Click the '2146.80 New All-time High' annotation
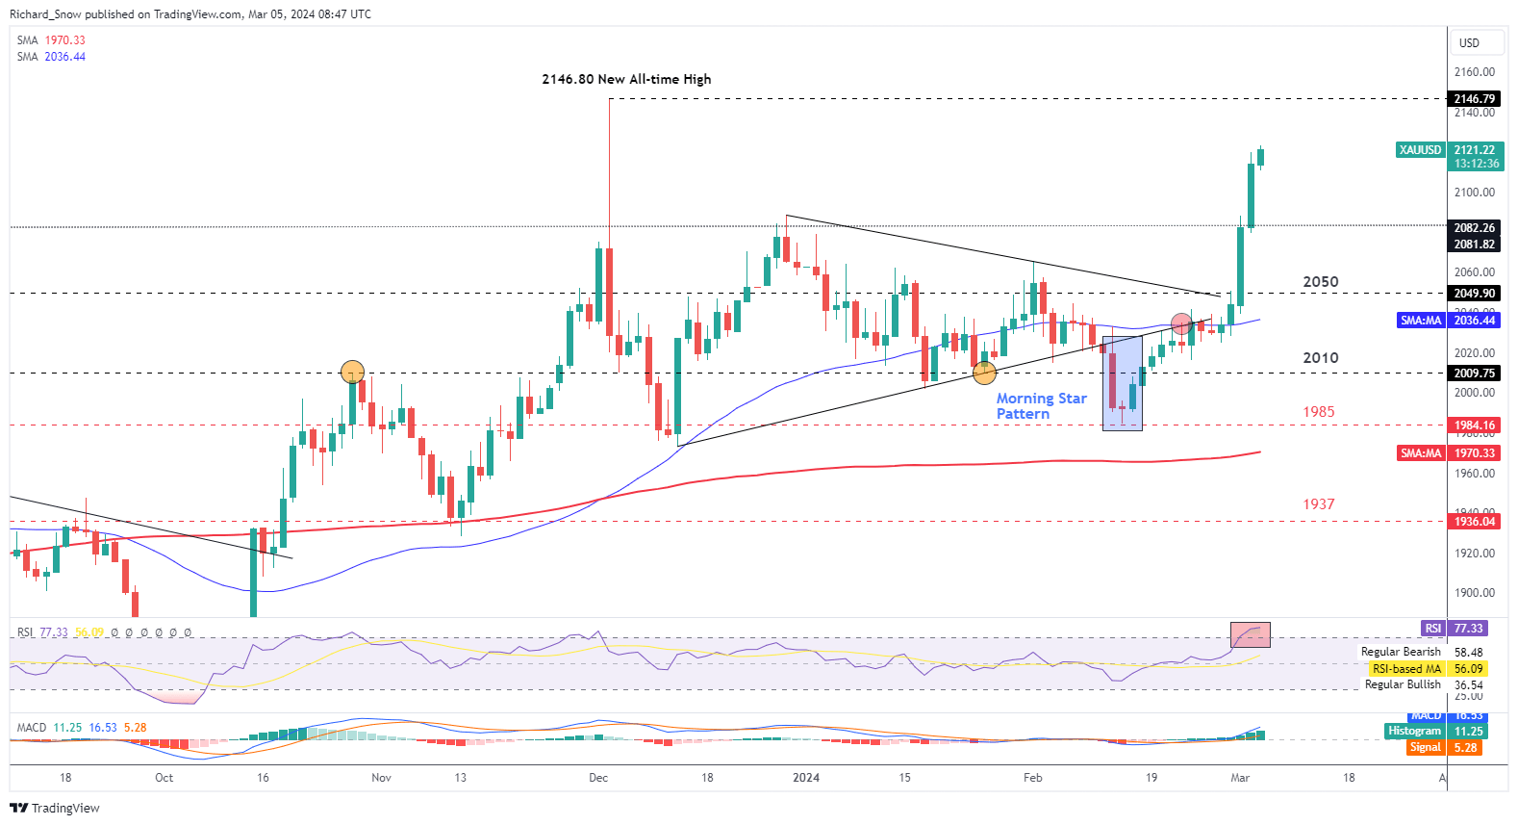coord(626,79)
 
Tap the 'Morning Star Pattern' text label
coord(1041,406)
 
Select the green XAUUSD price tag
coord(1420,150)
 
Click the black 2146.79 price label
coord(1474,99)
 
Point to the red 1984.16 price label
coord(1474,425)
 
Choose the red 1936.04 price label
coord(1474,522)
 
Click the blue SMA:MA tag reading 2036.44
coord(1421,321)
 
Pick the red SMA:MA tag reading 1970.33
coord(1421,453)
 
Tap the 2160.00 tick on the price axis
coord(1474,72)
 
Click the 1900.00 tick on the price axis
coord(1474,593)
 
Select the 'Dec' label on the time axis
coord(598,778)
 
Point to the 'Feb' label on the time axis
coord(1032,778)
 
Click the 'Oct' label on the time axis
coord(164,778)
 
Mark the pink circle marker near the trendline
coord(1182,323)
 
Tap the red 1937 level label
coord(1318,504)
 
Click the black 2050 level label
coord(1320,282)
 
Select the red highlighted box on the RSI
coord(1250,634)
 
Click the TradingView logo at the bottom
coord(55,808)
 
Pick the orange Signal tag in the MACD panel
coord(1425,748)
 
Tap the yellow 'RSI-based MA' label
coord(1405,669)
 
